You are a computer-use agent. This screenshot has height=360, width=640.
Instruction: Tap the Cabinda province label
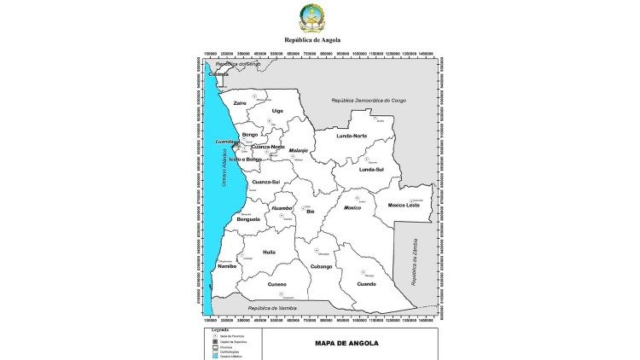[219, 74]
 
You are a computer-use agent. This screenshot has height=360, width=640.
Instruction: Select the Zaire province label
[240, 103]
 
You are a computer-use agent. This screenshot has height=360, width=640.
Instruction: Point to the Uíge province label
[277, 111]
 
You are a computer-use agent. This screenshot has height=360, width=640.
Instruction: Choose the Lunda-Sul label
[371, 170]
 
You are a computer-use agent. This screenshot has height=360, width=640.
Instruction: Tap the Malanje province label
[298, 150]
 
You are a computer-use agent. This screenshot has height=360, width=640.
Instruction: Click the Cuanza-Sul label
[265, 182]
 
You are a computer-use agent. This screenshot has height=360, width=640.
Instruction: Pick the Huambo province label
[282, 207]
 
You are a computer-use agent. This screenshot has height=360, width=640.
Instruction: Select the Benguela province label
[247, 219]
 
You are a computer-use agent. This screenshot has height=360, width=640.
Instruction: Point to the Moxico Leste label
[404, 205]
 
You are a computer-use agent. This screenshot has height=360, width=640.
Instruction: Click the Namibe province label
[227, 266]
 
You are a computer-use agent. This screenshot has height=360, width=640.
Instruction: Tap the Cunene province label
[276, 284]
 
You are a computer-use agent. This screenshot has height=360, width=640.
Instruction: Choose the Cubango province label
[321, 267]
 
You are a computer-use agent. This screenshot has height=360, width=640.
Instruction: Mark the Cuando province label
[366, 284]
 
